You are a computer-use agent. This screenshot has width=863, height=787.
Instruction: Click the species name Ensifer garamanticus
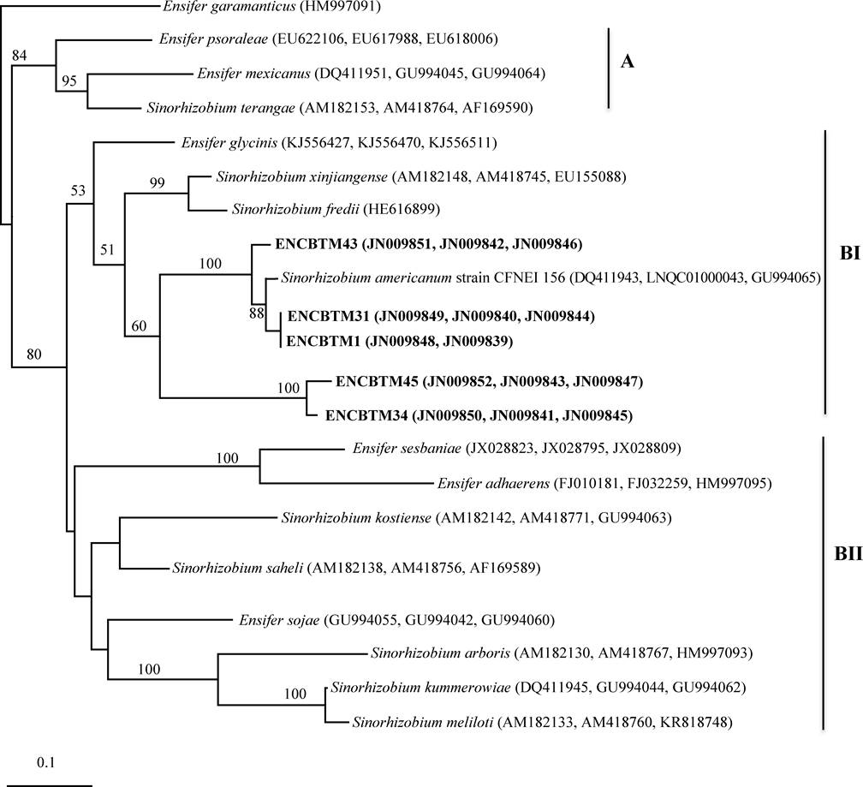click(221, 8)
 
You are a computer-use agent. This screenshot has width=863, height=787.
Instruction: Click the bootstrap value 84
click(20, 57)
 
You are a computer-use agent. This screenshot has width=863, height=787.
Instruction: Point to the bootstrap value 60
click(137, 326)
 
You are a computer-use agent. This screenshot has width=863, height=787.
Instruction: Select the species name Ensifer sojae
click(272, 620)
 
